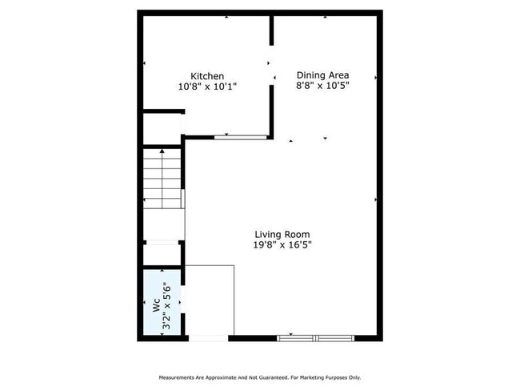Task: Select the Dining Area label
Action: tap(322, 75)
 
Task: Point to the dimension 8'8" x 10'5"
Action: tap(322, 85)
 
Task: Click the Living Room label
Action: tap(277, 235)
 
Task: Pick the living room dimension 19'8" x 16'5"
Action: tap(278, 245)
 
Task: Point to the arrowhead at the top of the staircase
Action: tap(162, 150)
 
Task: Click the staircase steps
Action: tap(162, 176)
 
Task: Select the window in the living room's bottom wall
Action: tap(317, 338)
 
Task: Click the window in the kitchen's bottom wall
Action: tap(240, 137)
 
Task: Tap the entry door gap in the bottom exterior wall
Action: tap(209, 338)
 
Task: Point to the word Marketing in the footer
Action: tap(315, 377)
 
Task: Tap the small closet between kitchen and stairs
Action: tap(162, 129)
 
